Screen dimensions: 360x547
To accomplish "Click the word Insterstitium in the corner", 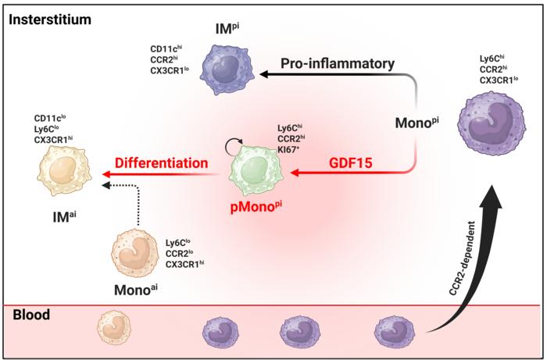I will coord(48,16).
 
